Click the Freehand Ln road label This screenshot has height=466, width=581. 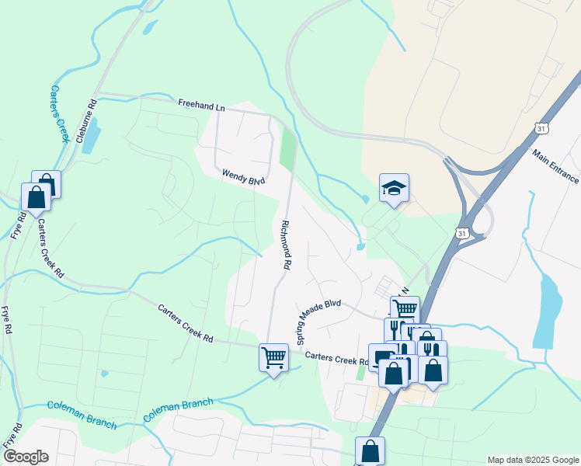click(201, 103)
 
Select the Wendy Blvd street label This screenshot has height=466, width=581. click(244, 177)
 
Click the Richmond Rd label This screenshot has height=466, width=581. click(282, 244)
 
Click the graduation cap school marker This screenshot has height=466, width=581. click(395, 187)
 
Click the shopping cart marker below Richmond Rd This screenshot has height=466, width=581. click(273, 358)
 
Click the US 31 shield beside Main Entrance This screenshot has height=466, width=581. click(542, 127)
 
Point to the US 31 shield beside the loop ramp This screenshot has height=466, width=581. click(463, 233)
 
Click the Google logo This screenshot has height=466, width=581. click(26, 457)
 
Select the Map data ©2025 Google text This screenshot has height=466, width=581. click(532, 460)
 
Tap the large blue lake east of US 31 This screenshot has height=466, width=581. click(548, 311)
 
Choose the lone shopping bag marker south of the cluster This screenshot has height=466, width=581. click(370, 450)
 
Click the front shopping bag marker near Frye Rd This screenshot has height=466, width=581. click(36, 197)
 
